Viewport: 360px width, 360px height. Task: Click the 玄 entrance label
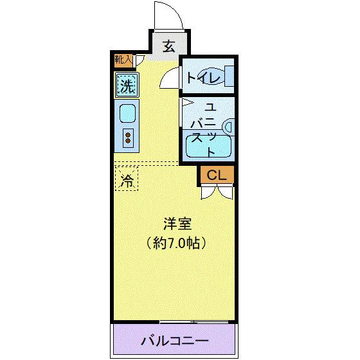pos(169,46)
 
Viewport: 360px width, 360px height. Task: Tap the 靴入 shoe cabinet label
pos(122,60)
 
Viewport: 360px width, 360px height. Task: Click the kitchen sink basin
pos(127,114)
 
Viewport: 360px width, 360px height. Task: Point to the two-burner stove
pos(127,137)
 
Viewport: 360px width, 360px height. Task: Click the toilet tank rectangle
pos(228,78)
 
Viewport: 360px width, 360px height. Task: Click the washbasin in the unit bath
pos(228,125)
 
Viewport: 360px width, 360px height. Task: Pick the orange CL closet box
pos(217,174)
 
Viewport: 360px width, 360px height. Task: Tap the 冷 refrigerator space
pos(127,180)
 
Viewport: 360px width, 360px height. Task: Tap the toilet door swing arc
pos(169,79)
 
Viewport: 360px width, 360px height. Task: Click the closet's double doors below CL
pos(217,190)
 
